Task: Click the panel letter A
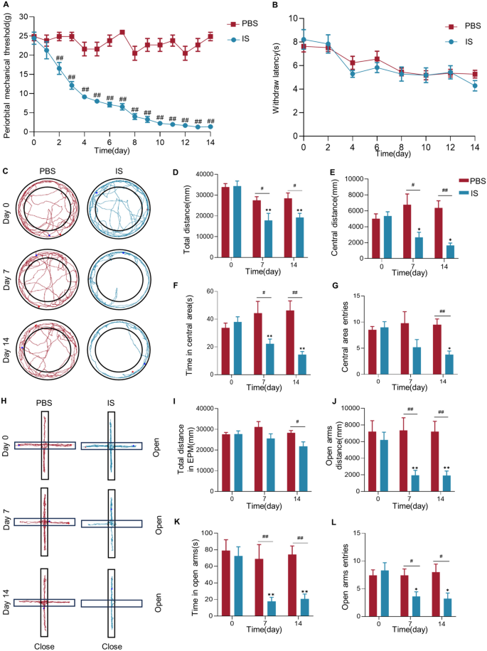click(6, 6)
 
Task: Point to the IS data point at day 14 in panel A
click(210, 127)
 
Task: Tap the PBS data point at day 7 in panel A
click(122, 32)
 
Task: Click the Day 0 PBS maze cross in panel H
click(44, 446)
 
